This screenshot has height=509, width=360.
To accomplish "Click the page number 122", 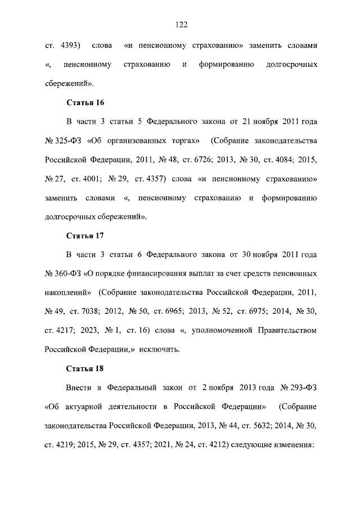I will point(180,24).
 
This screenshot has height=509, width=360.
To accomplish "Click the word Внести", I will point(79,388).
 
